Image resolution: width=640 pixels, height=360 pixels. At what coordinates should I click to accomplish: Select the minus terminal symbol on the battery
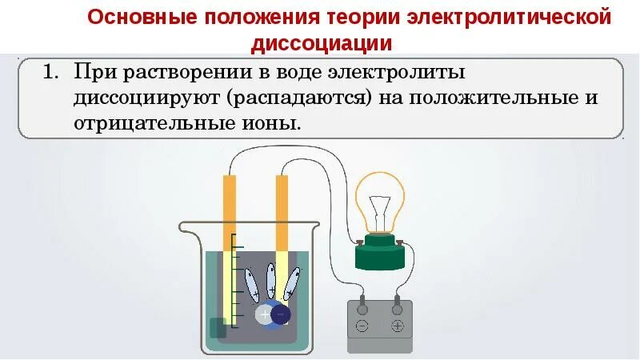(362, 326)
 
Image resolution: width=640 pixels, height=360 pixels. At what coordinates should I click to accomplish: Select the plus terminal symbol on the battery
(398, 326)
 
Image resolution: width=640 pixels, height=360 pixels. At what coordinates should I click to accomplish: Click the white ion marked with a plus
(265, 315)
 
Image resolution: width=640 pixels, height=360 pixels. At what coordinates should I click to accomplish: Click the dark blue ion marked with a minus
(280, 315)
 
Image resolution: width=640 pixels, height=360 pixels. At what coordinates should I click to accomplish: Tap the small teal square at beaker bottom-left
(217, 328)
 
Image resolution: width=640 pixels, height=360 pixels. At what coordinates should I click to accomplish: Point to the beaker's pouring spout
(185, 229)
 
